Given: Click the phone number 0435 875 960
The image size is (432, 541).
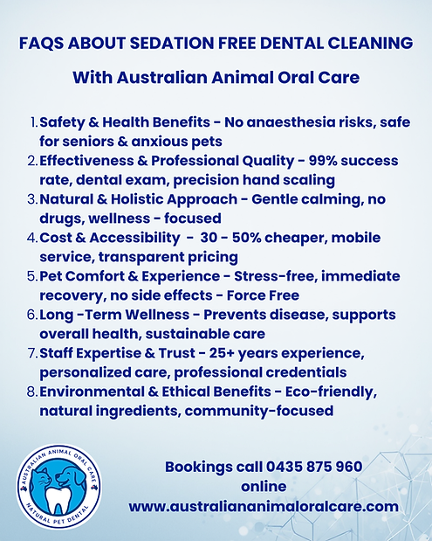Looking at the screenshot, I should coord(312,468).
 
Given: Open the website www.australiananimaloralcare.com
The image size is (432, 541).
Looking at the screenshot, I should coord(264,506).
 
